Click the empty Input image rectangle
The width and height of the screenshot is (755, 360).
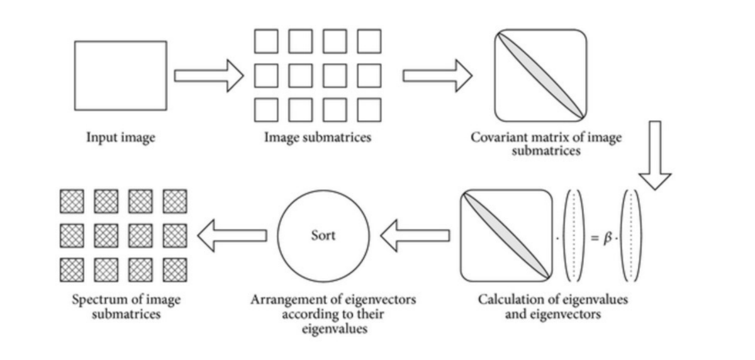point(121,76)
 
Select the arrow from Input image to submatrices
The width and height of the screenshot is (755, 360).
point(208,76)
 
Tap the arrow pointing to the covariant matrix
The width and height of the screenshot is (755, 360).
point(437,76)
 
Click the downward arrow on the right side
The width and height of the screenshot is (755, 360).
point(655,155)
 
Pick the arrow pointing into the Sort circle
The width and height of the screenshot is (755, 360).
point(415,235)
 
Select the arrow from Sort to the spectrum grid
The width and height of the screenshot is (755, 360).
point(232,235)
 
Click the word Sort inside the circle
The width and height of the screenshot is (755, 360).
point(323,235)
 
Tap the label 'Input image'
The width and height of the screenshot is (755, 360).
point(121,138)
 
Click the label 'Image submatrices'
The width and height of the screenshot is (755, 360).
point(317,138)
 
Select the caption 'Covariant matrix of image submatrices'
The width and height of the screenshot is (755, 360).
point(545,144)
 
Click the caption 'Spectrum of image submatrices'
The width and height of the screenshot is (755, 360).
point(126,306)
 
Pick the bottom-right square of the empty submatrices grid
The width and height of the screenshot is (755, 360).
point(369,110)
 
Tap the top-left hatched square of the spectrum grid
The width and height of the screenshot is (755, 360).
point(71,201)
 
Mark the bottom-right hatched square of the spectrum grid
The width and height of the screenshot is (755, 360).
point(174,270)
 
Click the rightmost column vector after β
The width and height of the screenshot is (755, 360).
point(631,235)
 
